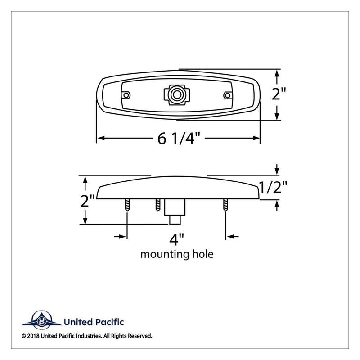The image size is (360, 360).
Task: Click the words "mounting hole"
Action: click(x=177, y=254)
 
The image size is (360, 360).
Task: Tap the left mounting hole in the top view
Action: click(x=127, y=95)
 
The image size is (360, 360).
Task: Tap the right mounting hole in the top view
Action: click(x=228, y=95)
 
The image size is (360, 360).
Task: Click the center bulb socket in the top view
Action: click(x=176, y=94)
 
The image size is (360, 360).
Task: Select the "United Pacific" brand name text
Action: click(x=94, y=322)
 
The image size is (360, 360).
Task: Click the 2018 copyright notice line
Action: click(x=86, y=336)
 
